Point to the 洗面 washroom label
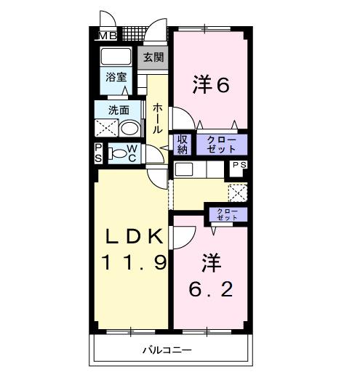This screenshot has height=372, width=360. click(x=119, y=110)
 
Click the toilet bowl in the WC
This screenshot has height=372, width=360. click(x=119, y=153)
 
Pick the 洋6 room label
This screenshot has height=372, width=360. click(x=211, y=85)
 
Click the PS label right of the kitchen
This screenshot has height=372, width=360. click(x=239, y=166)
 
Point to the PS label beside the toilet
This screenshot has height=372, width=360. click(x=99, y=153)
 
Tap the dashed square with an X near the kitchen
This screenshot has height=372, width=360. click(x=238, y=193)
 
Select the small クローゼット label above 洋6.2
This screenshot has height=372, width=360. click(x=226, y=214)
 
